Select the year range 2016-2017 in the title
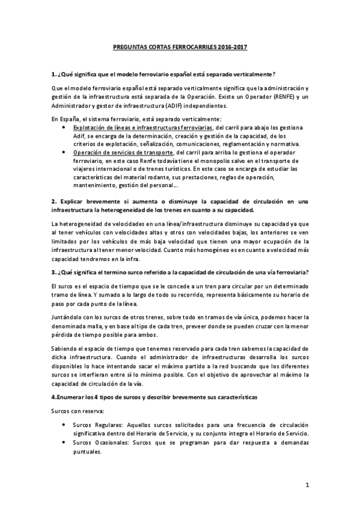[x=232, y=46]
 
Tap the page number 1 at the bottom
[x=307, y=485]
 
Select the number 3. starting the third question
[x=54, y=272]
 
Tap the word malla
[x=101, y=326]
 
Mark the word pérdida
[x=66, y=335]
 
